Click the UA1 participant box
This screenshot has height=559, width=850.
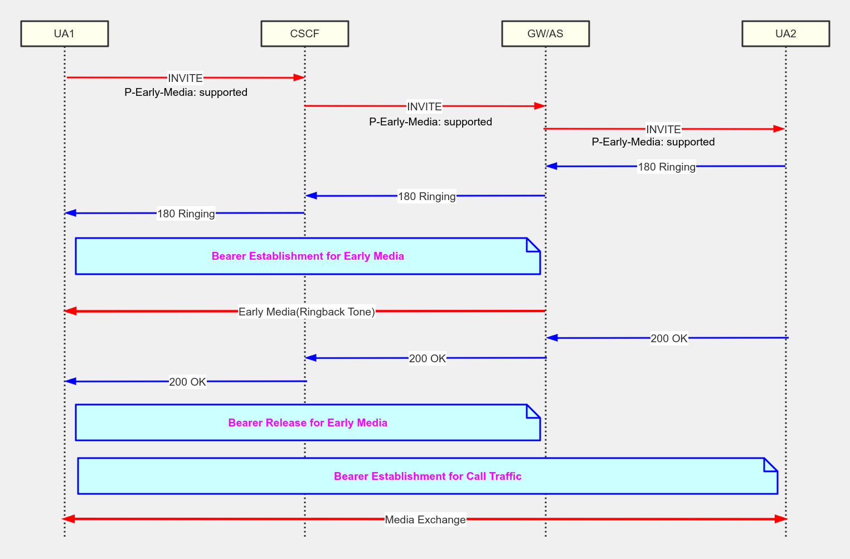[64, 33]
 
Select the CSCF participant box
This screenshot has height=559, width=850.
[304, 33]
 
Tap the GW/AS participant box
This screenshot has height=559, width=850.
[545, 33]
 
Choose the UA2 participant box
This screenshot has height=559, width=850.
[785, 33]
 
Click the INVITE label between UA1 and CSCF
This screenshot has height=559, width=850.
[185, 78]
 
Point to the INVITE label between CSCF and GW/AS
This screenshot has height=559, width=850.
[424, 106]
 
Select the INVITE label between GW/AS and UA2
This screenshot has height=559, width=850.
[663, 129]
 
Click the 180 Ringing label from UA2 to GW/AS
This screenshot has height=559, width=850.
[667, 167]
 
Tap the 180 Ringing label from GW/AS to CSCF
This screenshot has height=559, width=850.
[426, 196]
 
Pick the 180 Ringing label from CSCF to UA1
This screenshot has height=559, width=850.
[186, 213]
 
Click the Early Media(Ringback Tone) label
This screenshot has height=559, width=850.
[307, 312]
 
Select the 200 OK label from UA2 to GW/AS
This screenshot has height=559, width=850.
[669, 338]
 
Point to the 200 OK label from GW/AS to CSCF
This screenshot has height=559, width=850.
[428, 358]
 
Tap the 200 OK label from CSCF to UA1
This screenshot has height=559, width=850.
[187, 382]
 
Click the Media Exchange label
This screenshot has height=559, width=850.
[425, 519]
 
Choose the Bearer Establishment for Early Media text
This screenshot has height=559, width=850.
[308, 256]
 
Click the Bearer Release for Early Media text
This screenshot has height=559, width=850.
[308, 422]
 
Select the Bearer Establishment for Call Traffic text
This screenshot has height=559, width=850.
[428, 476]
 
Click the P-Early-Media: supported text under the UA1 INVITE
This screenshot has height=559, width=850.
[186, 92]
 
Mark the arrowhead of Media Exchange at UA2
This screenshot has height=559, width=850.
[781, 519]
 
